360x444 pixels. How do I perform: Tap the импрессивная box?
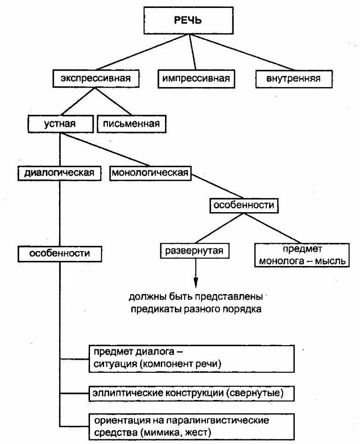[196, 78]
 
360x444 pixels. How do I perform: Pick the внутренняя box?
[294, 78]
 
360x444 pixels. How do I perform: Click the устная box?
[60, 124]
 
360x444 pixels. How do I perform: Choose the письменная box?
[132, 124]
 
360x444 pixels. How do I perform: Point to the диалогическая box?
[60, 173]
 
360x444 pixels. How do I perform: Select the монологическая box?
[150, 173]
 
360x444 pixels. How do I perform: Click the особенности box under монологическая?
[244, 205]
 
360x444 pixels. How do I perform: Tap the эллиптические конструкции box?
[192, 392]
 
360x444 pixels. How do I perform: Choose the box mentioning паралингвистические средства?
[192, 425]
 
